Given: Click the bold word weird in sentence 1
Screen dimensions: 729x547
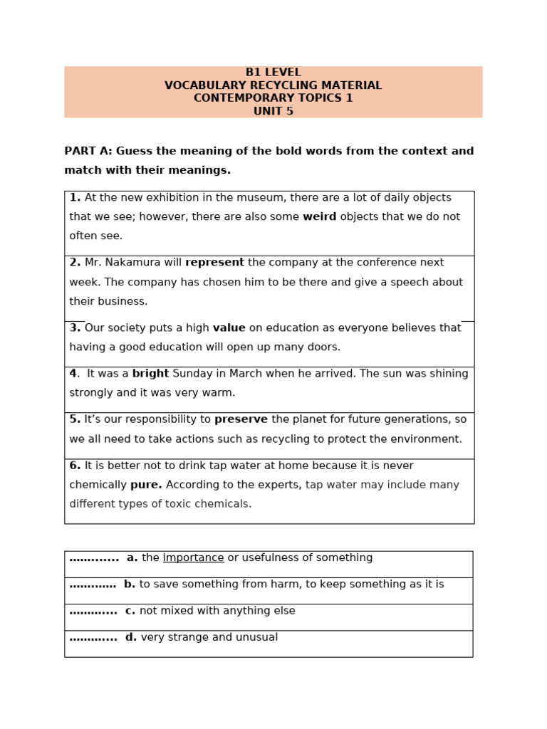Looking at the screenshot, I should coord(320,217).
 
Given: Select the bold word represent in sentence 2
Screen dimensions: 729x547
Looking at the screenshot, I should coord(214,263).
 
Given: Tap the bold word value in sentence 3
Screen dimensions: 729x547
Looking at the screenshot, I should coord(229,328).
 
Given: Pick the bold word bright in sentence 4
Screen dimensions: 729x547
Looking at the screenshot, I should coord(150,374).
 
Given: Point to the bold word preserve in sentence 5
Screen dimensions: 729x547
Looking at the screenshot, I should coord(241,419).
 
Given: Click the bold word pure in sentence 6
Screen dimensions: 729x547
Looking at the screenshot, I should coord(145,485).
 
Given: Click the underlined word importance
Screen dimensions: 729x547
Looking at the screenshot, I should coord(193,558).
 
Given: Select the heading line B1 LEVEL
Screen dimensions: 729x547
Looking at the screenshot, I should coord(273,73).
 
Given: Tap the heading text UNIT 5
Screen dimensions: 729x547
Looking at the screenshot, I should coord(273,111).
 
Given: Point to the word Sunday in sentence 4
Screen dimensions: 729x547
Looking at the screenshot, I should coord(192,374).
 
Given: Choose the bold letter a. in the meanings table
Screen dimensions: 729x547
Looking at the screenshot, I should coord(132,558).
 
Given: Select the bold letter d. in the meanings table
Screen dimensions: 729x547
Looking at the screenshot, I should coord(130,638).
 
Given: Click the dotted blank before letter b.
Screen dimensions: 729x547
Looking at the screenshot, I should coord(93,584).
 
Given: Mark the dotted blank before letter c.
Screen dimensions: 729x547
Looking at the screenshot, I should coord(93,611).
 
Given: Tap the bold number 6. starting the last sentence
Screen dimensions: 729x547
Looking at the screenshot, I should coord(75,466).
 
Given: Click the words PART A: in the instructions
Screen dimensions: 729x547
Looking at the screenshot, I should coord(88,151).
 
